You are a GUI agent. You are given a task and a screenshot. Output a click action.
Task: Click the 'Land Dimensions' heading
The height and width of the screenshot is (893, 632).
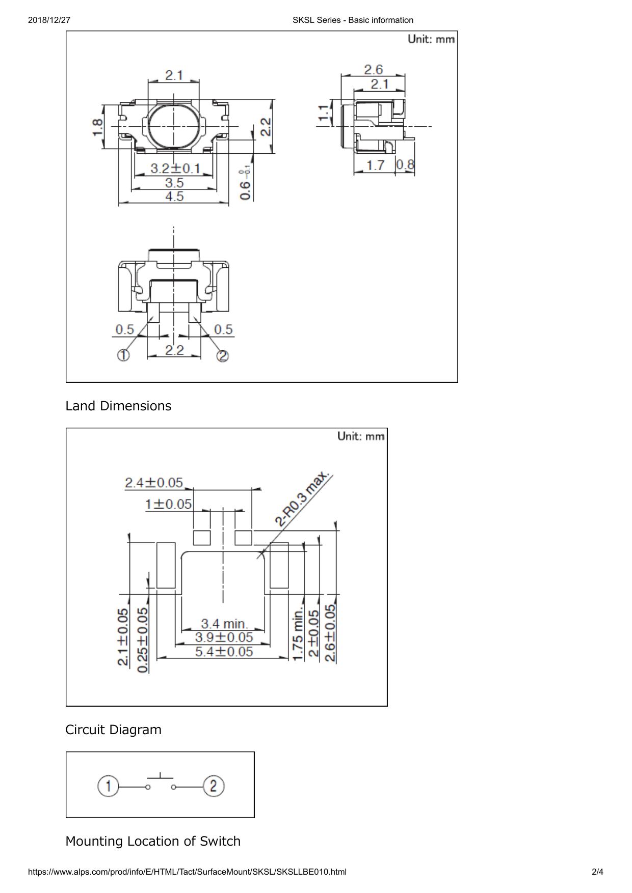point(118,406)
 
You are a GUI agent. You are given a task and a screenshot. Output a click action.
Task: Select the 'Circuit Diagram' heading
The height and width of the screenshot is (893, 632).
point(113,730)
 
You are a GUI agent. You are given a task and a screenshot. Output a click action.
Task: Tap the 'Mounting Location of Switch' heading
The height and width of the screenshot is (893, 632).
point(153,841)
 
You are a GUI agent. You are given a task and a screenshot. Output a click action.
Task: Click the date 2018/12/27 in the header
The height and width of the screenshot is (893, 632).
point(49,20)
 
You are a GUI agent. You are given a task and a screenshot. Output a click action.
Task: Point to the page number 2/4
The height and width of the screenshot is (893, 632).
point(597,872)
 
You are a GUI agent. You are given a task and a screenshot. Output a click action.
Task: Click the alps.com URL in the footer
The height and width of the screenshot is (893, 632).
point(187,872)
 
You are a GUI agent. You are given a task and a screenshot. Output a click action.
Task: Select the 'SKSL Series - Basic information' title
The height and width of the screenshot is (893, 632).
point(353,20)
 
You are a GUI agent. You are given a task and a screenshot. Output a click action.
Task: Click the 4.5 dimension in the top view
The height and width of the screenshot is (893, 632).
point(174,197)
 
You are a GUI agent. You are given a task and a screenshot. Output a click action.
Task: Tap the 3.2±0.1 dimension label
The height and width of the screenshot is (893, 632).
point(175,169)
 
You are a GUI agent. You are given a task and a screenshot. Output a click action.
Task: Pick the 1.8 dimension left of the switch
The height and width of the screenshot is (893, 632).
point(97,127)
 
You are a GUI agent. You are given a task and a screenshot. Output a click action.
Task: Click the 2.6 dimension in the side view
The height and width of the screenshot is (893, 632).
point(373,69)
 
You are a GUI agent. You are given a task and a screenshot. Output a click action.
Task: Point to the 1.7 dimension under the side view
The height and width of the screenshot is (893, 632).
point(375,165)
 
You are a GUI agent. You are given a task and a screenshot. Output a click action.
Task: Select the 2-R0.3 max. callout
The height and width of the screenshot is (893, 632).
point(302,499)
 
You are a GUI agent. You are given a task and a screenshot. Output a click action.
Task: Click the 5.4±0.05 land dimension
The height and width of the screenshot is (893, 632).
point(224,651)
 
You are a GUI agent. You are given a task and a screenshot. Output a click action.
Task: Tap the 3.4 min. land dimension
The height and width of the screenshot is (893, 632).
point(224,623)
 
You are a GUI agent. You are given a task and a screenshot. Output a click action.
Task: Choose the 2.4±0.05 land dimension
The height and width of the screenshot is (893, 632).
point(154,482)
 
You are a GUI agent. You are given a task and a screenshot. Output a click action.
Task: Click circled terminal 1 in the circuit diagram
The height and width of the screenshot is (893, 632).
point(108,786)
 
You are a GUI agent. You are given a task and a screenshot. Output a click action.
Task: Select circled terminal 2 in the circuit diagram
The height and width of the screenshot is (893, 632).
point(214,786)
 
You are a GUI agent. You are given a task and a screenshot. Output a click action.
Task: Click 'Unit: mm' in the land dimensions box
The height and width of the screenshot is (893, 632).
point(361,436)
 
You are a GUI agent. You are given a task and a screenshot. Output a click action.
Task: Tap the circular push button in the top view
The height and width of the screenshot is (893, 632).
point(174,126)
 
